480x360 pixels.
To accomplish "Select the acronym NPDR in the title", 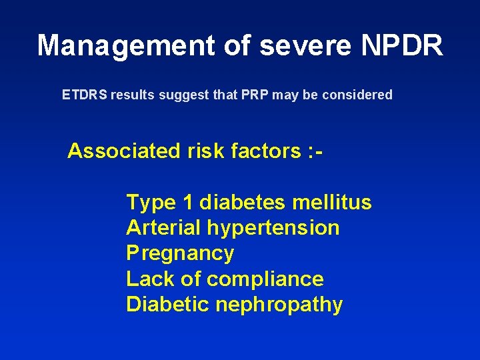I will [402, 46].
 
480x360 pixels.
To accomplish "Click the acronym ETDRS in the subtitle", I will [85, 95].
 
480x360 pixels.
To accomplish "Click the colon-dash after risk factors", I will [317, 151].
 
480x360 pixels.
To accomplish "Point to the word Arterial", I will [163, 227].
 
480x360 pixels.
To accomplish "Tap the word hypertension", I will [273, 228].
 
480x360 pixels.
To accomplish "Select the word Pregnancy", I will [180, 254].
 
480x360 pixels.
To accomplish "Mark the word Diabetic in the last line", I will [167, 304].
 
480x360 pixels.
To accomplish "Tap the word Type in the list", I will [151, 203].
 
